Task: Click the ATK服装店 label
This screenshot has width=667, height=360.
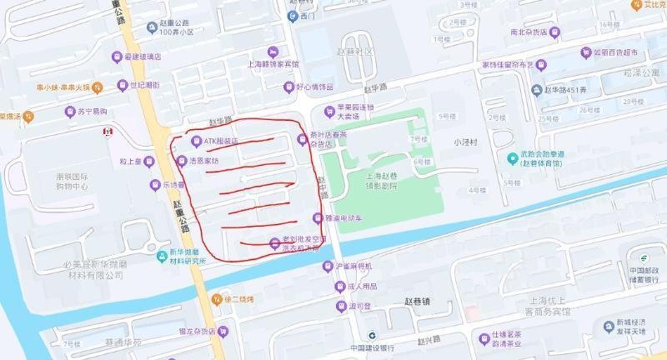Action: [221, 142]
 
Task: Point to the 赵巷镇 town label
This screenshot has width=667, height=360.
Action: [415, 302]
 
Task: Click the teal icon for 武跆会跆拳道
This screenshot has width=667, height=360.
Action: [512, 158]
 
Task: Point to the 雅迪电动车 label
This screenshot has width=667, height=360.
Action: [344, 218]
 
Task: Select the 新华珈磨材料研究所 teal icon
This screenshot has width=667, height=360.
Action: [163, 256]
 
